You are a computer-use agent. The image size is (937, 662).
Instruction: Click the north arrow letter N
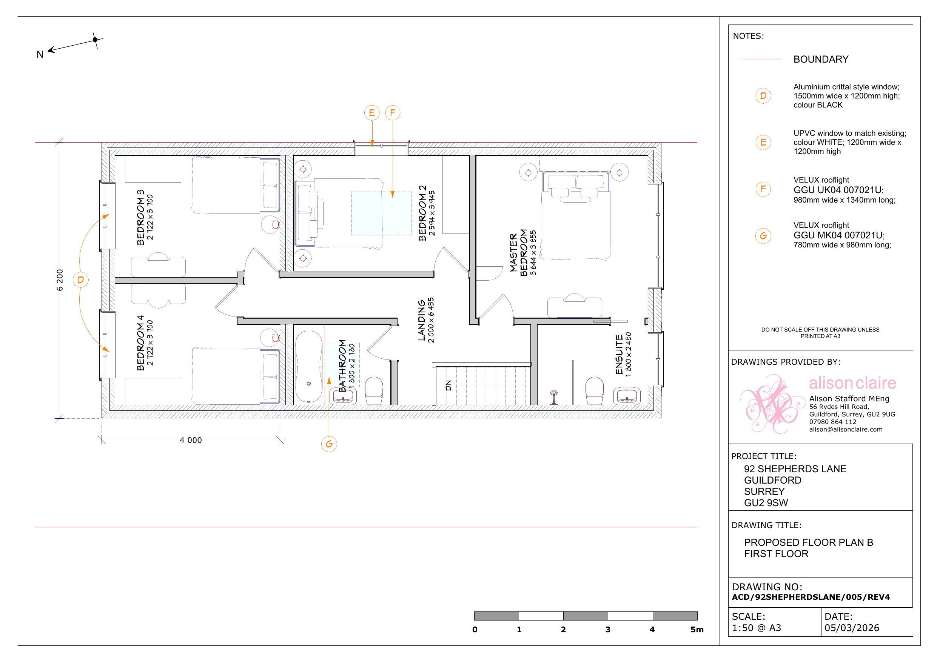pos(40,55)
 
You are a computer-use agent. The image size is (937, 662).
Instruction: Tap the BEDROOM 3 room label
pos(141,217)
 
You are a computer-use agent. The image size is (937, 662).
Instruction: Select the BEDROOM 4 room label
pos(141,343)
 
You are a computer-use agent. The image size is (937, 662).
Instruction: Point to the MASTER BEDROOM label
pos(519,253)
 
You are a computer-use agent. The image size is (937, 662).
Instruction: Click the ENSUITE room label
pos(619,355)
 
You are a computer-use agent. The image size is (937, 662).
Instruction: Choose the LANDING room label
pos(422,320)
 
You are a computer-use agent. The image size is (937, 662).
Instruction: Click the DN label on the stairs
pos(448,386)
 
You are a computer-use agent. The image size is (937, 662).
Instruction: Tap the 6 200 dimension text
pos(60,280)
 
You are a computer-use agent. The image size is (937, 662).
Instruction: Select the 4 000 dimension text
pos(191,440)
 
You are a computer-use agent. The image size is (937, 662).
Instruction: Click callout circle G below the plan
pos(329,444)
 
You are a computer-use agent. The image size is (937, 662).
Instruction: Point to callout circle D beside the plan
pos(80,280)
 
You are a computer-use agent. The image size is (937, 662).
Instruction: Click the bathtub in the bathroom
pos(309,367)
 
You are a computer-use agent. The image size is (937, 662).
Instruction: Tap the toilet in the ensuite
pos(594,390)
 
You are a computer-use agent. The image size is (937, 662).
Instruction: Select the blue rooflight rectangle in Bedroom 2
pos(381,213)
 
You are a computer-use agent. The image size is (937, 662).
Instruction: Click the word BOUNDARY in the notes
pos(821,60)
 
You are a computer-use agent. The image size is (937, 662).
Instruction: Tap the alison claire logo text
pos(852,383)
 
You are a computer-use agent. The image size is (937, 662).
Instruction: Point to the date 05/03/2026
pos(852,628)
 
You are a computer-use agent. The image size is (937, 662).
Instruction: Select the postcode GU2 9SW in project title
pos(766,503)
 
